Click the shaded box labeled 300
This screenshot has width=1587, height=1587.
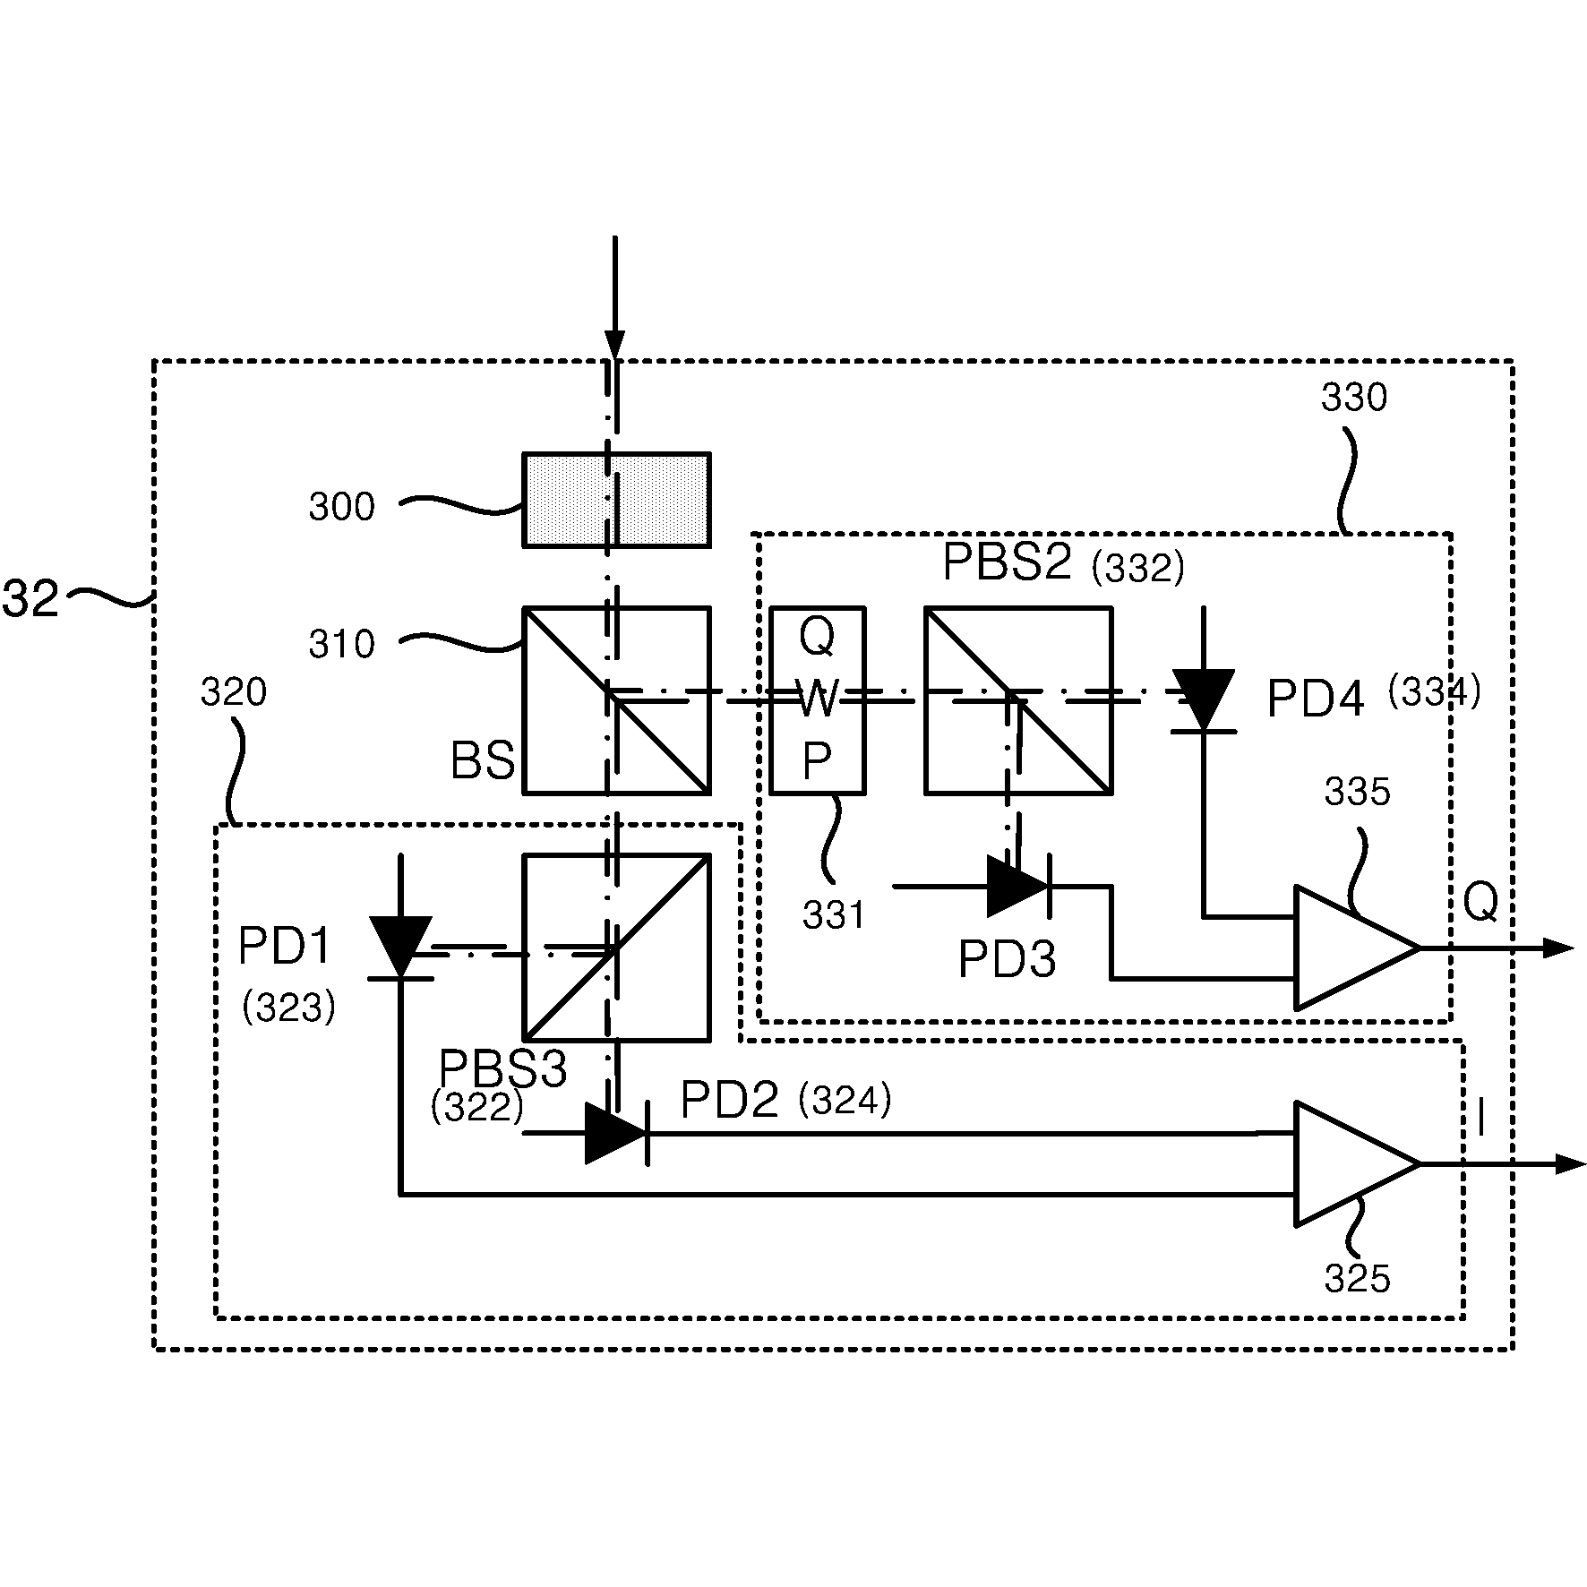coord(616,499)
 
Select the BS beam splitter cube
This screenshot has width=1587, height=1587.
coord(616,700)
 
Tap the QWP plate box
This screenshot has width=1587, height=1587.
coord(818,700)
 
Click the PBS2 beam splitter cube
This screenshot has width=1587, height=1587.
coord(1018,700)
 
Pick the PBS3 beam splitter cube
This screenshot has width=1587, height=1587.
coord(616,948)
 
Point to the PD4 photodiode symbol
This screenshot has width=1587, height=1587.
coord(1204,700)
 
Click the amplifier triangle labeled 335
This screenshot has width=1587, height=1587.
coord(1356,948)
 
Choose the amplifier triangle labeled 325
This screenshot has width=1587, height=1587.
coord(1356,1163)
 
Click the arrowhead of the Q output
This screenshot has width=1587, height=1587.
coord(1558,948)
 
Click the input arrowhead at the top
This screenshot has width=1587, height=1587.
coord(614,345)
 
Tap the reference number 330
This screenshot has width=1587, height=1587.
coord(1354,398)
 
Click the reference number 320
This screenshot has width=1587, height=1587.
coord(234,692)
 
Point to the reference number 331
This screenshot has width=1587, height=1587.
coord(834,915)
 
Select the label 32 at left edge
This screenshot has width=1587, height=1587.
coord(30,598)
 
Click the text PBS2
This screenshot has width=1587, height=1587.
coord(1007,563)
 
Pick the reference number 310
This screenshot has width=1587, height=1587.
coord(341,644)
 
